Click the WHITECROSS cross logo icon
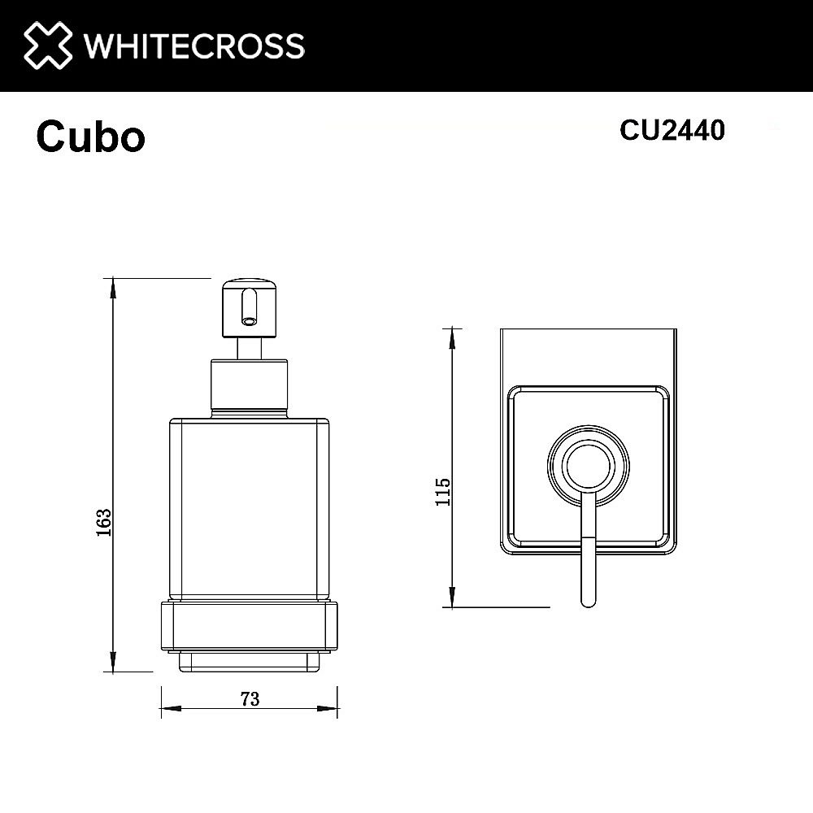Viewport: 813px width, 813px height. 46,45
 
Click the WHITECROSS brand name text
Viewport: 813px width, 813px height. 194,46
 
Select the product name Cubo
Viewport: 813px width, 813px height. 90,137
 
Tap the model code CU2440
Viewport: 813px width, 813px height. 672,130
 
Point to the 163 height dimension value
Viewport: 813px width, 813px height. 103,522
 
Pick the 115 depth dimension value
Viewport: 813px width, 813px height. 442,493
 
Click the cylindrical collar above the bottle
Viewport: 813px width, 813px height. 250,389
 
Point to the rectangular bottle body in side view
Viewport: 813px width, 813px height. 250,508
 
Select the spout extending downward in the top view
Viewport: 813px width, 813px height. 588,561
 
